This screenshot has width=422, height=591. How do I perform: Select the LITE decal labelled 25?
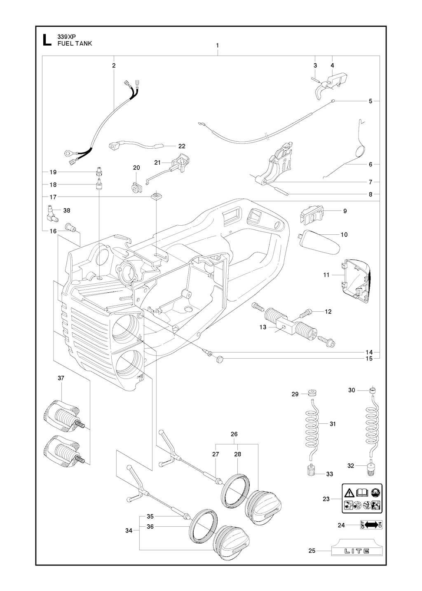pyautogui.click(x=357, y=550)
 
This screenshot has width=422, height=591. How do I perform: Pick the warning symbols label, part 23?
pyautogui.click(x=362, y=498)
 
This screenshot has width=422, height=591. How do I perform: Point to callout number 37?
pyautogui.click(x=61, y=378)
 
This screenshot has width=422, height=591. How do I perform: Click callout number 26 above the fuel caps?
pyautogui.click(x=234, y=434)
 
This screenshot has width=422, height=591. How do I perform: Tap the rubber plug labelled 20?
pyautogui.click(x=136, y=187)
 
